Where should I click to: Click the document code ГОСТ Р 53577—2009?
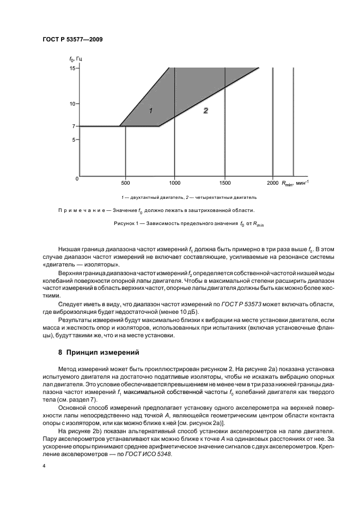pyautogui.click(x=72, y=40)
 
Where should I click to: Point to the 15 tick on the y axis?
pyautogui.click(x=71, y=68)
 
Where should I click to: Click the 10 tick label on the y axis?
pyautogui.click(x=71, y=103)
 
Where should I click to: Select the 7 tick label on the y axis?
pyautogui.click(x=72, y=126)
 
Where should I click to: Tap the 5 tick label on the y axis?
pyautogui.click(x=72, y=140)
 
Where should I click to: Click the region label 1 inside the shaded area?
pyautogui.click(x=151, y=111)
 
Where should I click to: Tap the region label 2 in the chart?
pyautogui.click(x=206, y=111)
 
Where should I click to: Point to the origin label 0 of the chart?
pyautogui.click(x=77, y=179)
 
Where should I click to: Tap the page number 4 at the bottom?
pyautogui.click(x=44, y=466)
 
